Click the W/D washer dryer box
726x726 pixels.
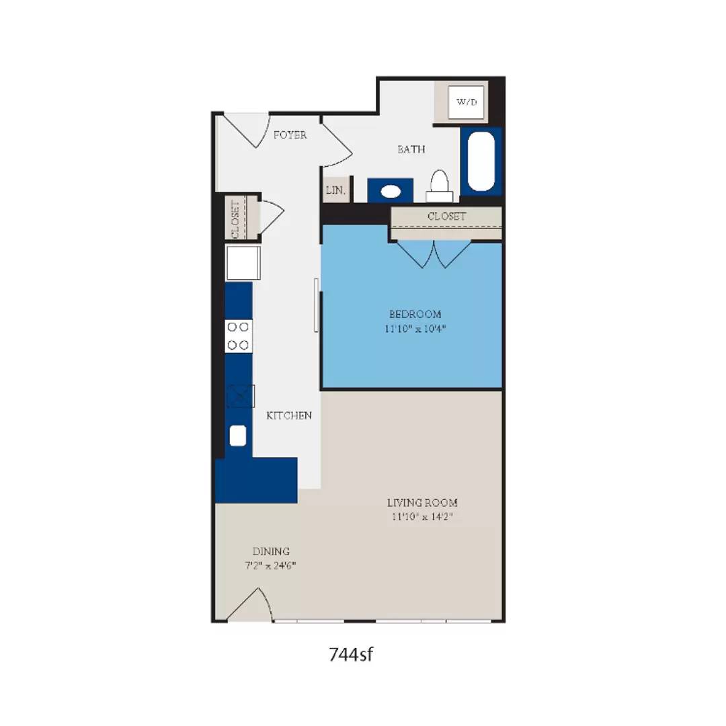coord(466,102)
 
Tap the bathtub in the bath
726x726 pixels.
coord(481,161)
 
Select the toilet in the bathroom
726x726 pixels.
coord(440,186)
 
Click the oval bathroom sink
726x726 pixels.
coord(391,192)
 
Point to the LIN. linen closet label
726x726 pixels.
coord(335,190)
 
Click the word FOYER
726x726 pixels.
coord(290,135)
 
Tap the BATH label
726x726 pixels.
coord(411,149)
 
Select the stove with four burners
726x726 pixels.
coord(238,336)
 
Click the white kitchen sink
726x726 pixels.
coord(239,436)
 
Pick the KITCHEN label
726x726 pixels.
coord(289,415)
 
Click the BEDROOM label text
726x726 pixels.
coord(415,314)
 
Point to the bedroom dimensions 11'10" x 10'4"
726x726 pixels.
coord(415,329)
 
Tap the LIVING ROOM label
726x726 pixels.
coord(422,502)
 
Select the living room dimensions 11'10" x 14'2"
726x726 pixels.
coord(422,517)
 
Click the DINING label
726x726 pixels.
coord(271,551)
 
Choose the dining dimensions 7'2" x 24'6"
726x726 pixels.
coord(271,565)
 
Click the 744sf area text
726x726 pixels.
coord(350,653)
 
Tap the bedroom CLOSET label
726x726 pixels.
coord(446,216)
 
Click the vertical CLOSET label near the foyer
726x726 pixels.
coord(235,219)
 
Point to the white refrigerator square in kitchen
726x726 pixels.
coord(243,263)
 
